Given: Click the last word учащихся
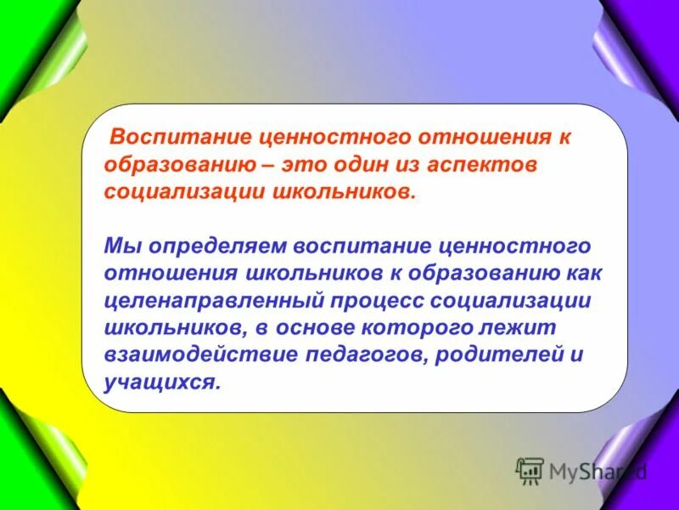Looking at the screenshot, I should pos(160,382).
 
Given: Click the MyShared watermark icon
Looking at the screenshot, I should pos(530,470).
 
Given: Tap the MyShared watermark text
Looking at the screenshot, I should pos(598,470).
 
